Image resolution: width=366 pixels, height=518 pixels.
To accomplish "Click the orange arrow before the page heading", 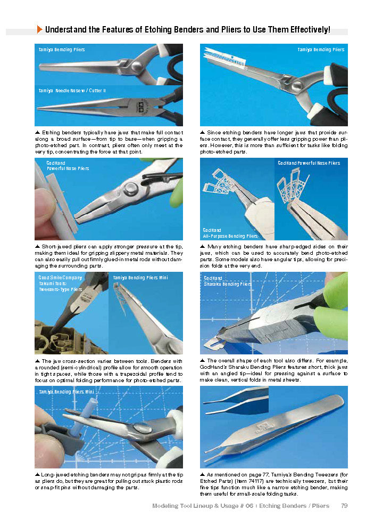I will point(40,30).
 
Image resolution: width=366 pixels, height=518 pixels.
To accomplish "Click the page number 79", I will point(344,505).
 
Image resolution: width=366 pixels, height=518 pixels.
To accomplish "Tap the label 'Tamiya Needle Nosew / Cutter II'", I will point(72,91).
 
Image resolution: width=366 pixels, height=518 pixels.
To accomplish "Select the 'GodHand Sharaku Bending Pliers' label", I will point(228,281).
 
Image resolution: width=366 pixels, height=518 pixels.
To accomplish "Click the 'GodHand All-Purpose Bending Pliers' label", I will point(230,233).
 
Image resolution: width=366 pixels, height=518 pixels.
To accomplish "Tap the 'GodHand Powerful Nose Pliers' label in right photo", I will point(309,163).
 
